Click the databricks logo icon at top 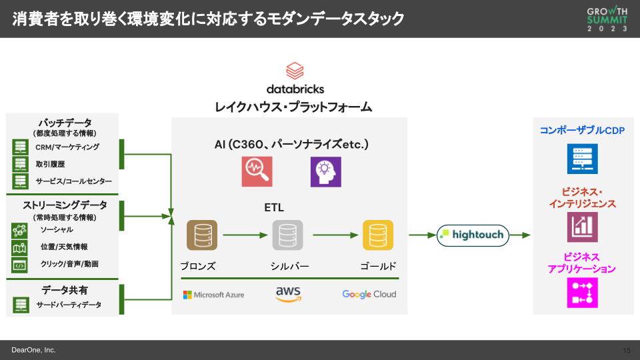pyautogui.click(x=295, y=71)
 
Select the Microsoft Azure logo pyautogui.click(x=214, y=295)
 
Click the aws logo pyautogui.click(x=288, y=293)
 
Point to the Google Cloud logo pyautogui.click(x=369, y=294)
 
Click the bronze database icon pyautogui.click(x=201, y=235)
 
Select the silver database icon pyautogui.click(x=288, y=235)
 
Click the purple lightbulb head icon pyautogui.click(x=325, y=172)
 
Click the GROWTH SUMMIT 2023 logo pyautogui.click(x=607, y=19)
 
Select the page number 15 pyautogui.click(x=626, y=350)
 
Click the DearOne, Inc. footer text pyautogui.click(x=33, y=350)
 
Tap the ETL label pyautogui.click(x=273, y=207)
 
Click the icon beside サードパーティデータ pyautogui.click(x=20, y=305)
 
